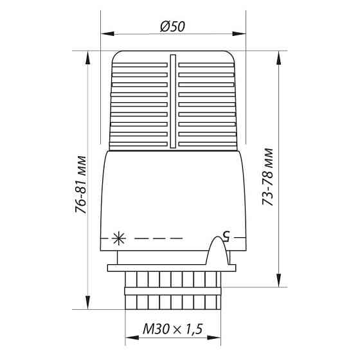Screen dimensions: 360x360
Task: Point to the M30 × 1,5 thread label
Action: (172, 328)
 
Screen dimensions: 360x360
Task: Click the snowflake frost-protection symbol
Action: (117, 238)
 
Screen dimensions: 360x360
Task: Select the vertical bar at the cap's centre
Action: (172, 103)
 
